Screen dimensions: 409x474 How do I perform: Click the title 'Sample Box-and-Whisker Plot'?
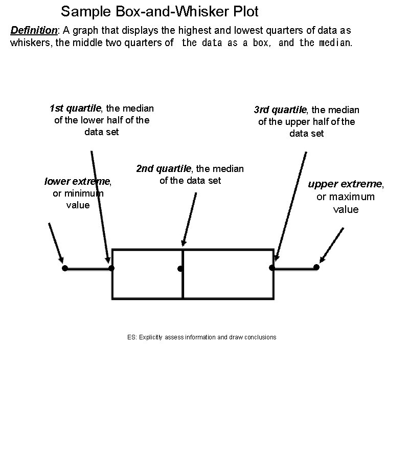coord(160,11)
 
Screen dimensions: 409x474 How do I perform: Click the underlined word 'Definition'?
coord(34,30)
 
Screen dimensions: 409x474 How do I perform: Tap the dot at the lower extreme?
coord(64,268)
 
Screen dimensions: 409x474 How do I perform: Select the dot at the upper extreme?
coord(316,267)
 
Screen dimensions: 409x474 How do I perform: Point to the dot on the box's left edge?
coord(111,268)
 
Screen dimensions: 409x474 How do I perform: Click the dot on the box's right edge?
coord(272,267)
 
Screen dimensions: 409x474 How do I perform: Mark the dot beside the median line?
coord(180,269)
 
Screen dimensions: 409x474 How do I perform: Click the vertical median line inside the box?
coord(183,282)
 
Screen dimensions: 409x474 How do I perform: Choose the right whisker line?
coord(294,267)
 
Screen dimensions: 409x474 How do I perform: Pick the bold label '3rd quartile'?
coord(280,110)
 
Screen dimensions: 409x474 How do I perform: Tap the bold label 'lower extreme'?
coord(77,182)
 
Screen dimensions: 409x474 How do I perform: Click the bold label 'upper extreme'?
coord(345,184)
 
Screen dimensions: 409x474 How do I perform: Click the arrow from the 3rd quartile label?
coord(290,205)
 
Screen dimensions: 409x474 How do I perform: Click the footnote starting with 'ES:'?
coord(201,337)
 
